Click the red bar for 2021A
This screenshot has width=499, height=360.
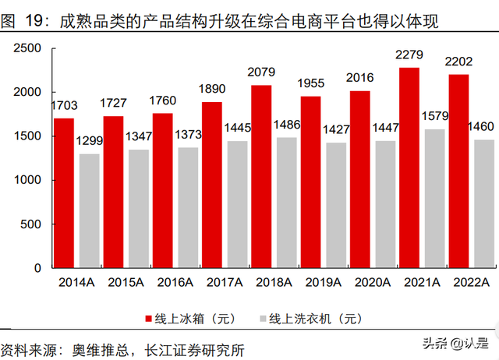pos(409,168)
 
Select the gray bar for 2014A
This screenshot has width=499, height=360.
pos(89,210)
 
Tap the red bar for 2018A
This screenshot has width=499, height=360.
pos(261,176)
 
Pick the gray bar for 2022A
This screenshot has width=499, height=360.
pos(484,203)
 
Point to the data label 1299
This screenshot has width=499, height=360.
pos(89,141)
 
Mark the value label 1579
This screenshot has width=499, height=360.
pos(435,117)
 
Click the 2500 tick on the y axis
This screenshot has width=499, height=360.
pos(30,48)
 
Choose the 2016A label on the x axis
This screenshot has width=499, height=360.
pos(175,283)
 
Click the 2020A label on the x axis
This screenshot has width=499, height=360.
pos(373,283)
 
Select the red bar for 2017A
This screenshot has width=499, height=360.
pos(211,185)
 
